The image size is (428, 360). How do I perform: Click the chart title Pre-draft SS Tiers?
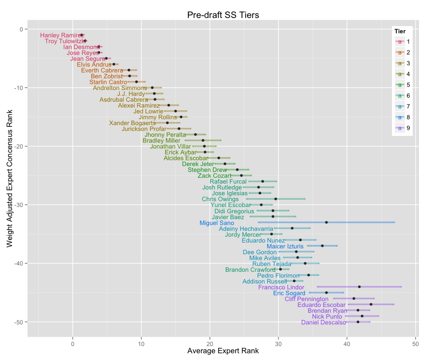[223, 15]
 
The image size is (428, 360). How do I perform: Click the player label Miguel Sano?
[217, 223]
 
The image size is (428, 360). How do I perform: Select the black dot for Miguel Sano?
[327, 222]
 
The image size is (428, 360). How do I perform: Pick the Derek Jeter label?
[198, 164]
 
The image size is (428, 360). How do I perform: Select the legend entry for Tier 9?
[402, 128]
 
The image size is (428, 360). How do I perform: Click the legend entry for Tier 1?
[402, 42]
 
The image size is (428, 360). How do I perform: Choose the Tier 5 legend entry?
[402, 85]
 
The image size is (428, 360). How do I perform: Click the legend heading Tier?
[400, 31]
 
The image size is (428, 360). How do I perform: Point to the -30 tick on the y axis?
[19, 205]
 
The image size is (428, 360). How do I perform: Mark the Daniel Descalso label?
[323, 322]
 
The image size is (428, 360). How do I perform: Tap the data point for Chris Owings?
[276, 199]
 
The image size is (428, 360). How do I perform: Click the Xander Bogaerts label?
[132, 123]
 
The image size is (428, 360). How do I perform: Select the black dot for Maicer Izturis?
[322, 246]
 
